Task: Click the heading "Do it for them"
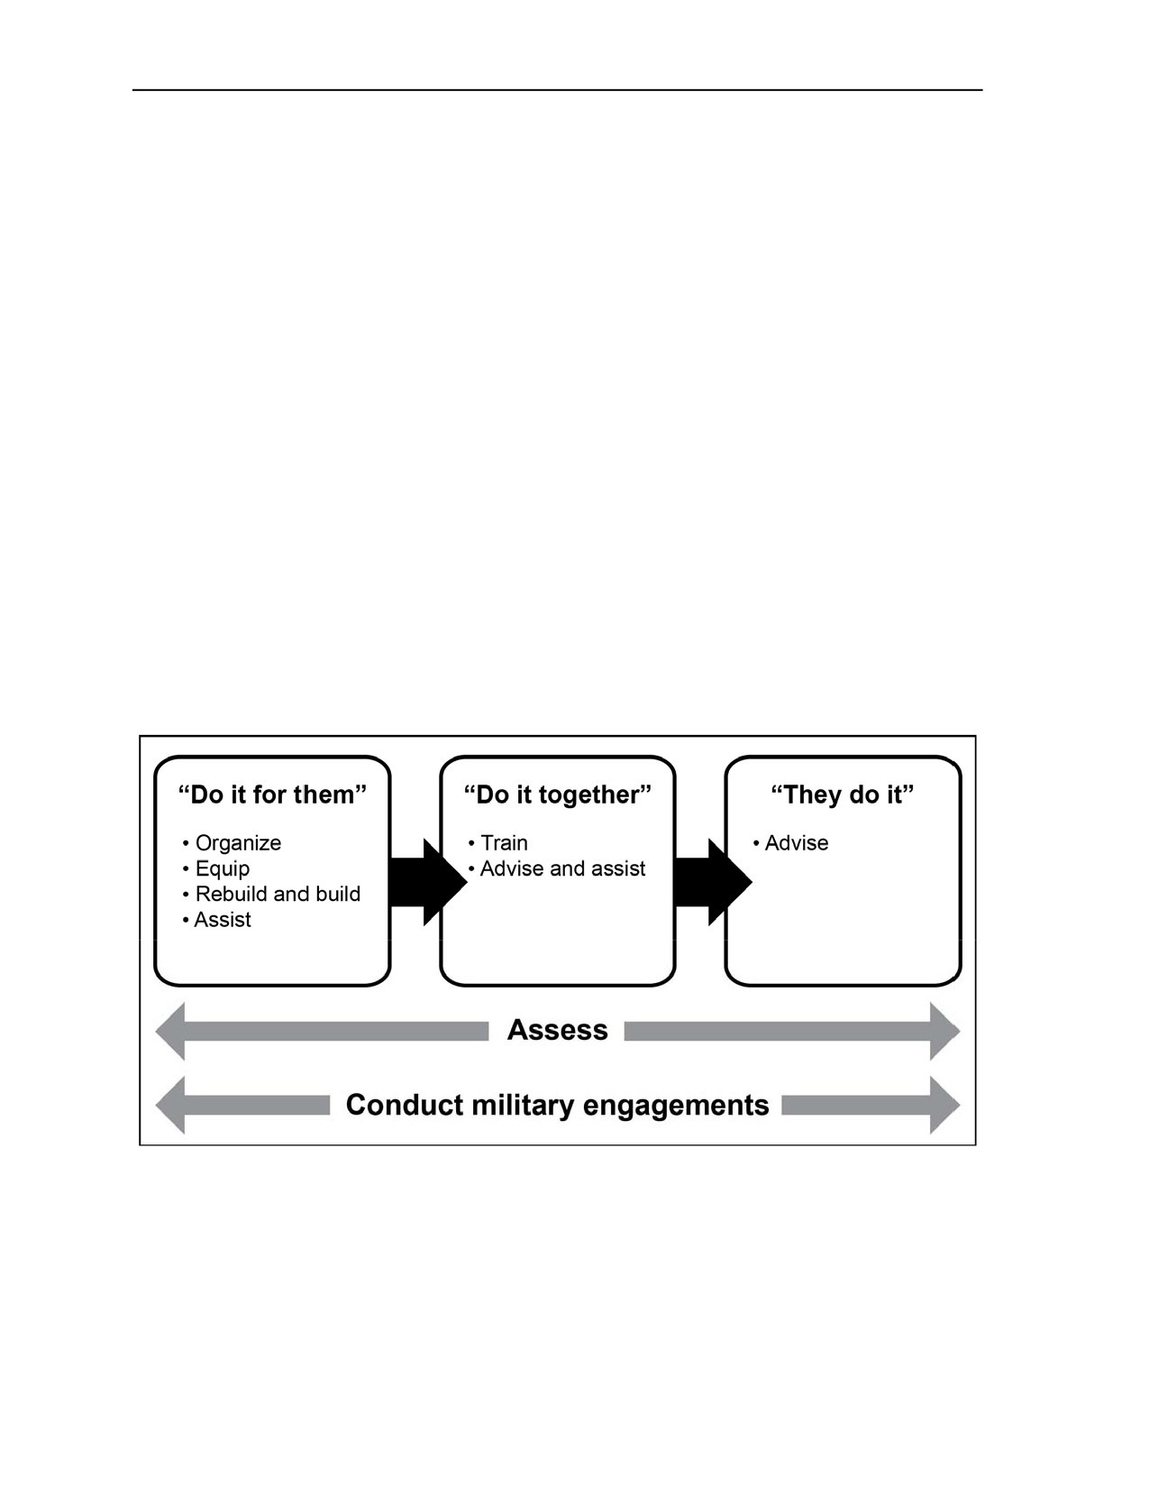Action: [x=272, y=795]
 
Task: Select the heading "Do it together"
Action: [x=557, y=795]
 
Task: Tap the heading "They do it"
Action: [x=843, y=795]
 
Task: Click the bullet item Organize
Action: [x=232, y=843]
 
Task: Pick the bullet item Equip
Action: [x=216, y=869]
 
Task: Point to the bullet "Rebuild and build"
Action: [x=271, y=894]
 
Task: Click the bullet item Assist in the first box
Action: [x=217, y=920]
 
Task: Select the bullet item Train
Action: [x=498, y=843]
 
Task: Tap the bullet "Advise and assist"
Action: [x=557, y=868]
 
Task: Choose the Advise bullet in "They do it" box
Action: [x=791, y=843]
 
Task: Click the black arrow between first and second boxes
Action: [x=428, y=882]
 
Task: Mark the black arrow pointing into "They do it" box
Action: [x=714, y=882]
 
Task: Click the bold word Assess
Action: [x=557, y=1031]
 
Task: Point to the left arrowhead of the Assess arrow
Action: [x=170, y=1032]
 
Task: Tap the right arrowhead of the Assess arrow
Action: [x=945, y=1032]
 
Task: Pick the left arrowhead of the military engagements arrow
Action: [x=170, y=1106]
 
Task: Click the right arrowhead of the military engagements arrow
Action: [x=945, y=1106]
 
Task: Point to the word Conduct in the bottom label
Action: [x=405, y=1106]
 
